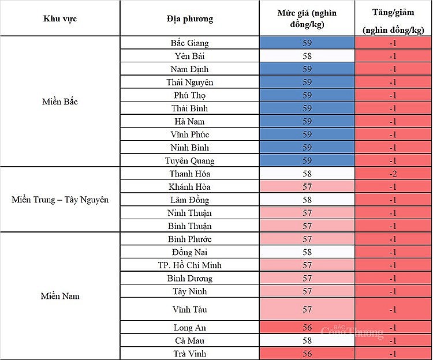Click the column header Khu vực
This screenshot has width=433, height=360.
60,18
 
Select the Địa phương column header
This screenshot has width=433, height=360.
190,18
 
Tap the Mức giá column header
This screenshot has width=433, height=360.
307,18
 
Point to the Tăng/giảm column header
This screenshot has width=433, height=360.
393,18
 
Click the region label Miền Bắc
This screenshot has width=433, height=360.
60,102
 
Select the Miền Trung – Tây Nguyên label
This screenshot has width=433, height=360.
60,200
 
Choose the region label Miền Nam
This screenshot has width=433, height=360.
60,296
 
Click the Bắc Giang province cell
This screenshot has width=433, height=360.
190,43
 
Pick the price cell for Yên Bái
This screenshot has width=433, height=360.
307,56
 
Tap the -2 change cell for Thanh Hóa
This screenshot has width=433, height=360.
393,174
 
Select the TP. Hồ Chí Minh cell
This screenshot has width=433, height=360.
190,265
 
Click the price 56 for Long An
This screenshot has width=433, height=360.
307,328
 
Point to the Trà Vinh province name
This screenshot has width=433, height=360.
190,354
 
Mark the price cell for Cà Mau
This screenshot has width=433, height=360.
307,340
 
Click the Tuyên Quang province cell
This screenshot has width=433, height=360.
190,160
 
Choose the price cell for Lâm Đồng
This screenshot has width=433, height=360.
307,200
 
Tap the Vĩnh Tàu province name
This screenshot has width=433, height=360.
190,309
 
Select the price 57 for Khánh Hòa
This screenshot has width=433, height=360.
307,187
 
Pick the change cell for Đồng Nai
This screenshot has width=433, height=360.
393,252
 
